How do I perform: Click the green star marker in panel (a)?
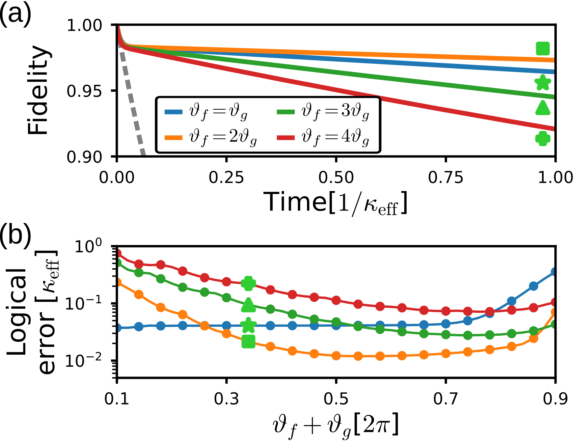543,82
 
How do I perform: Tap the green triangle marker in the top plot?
543,108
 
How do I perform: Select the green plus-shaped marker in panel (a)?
543,138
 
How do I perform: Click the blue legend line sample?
173,112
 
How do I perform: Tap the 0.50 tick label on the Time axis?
336,177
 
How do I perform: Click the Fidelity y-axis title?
38,90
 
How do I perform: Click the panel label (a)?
15,14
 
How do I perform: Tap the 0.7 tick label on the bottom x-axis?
445,399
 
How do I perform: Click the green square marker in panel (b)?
249,342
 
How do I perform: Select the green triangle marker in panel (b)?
249,305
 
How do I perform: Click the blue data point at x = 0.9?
554,272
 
